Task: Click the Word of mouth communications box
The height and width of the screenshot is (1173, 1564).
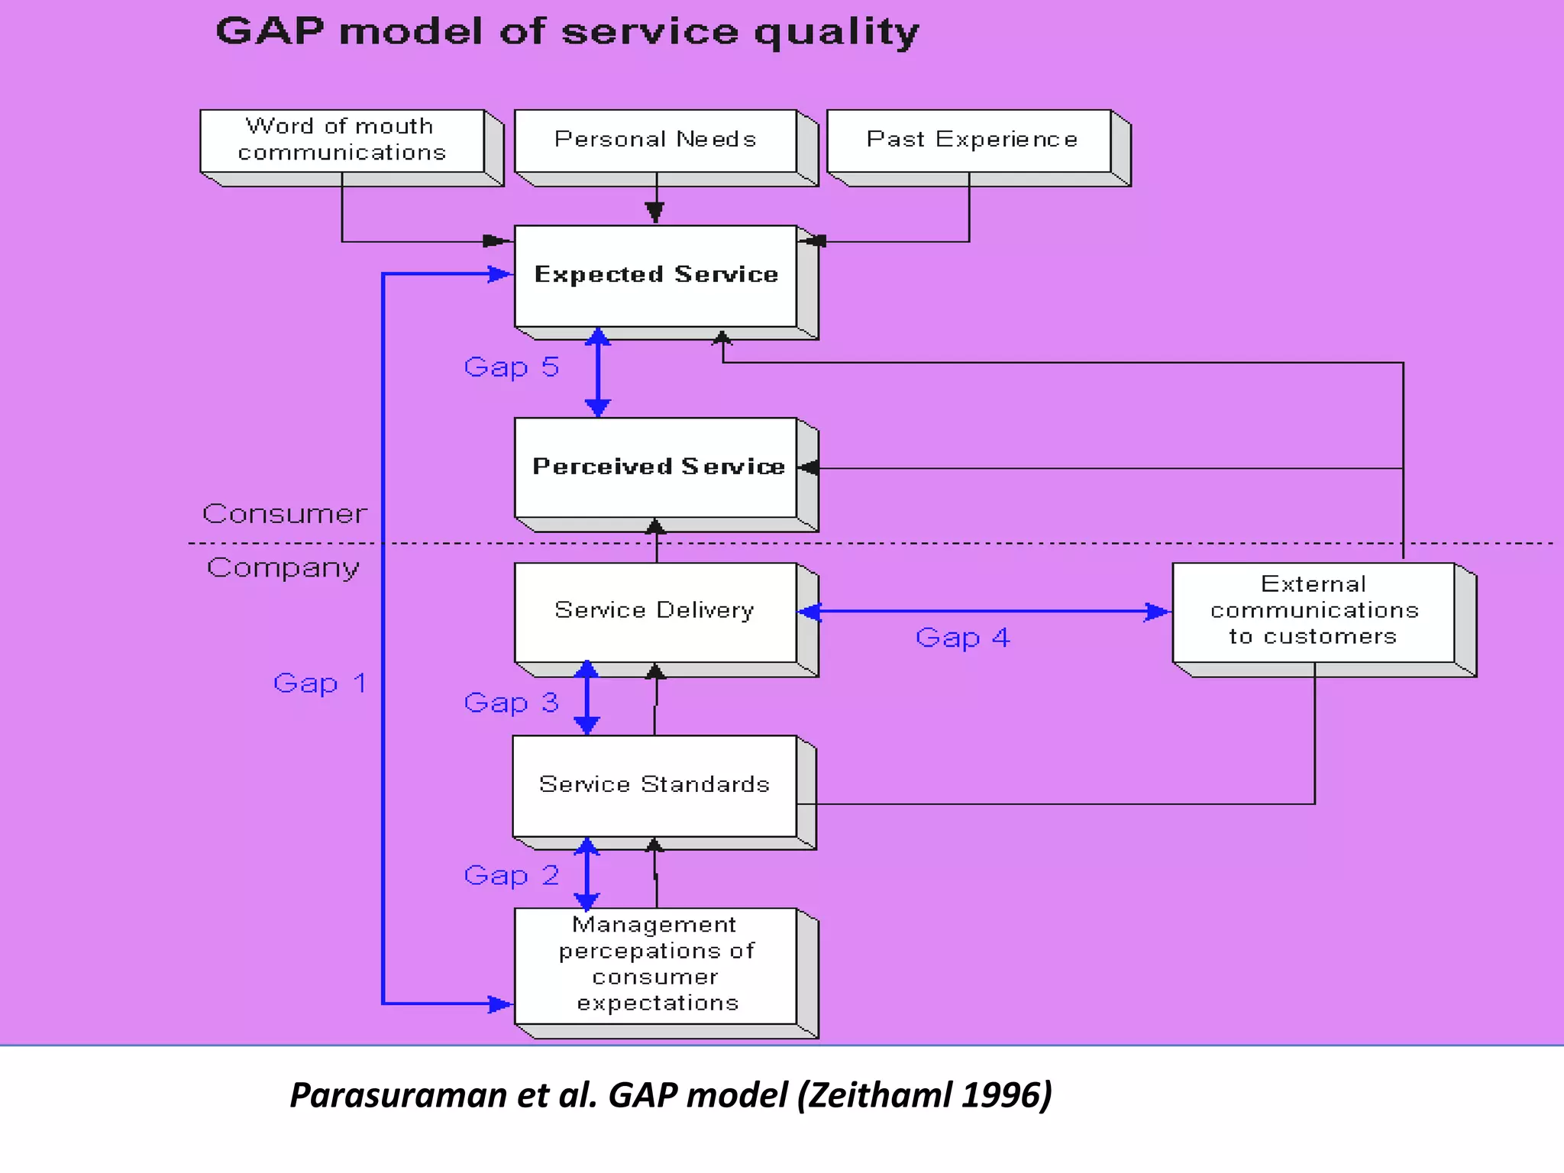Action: pyautogui.click(x=342, y=141)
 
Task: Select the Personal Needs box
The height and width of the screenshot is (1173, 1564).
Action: pyautogui.click(x=655, y=141)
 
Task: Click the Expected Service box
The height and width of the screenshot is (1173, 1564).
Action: pyautogui.click(x=655, y=276)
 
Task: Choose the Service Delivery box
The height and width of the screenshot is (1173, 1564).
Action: pyautogui.click(x=655, y=612)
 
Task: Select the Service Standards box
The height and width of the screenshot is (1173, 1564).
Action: pyautogui.click(x=654, y=785)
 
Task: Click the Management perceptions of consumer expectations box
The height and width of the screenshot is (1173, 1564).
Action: pyautogui.click(x=655, y=965)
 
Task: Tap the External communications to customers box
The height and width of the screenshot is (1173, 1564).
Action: pyautogui.click(x=1314, y=612)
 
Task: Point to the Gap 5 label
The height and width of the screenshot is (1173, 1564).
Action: pyautogui.click(x=512, y=367)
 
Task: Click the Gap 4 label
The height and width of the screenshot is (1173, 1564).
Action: pyautogui.click(x=962, y=638)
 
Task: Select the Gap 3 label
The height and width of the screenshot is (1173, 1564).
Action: pyautogui.click(x=512, y=703)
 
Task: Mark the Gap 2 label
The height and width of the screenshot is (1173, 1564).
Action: pyautogui.click(x=512, y=875)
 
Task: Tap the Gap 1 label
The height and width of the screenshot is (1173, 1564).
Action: pyautogui.click(x=320, y=683)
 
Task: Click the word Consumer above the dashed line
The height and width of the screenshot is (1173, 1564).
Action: pyautogui.click(x=284, y=514)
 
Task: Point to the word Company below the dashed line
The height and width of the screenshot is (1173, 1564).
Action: pyautogui.click(x=283, y=568)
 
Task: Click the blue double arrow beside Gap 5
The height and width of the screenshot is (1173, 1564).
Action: pyautogui.click(x=597, y=373)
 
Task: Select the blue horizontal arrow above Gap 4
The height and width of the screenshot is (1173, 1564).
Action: pyautogui.click(x=985, y=612)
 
